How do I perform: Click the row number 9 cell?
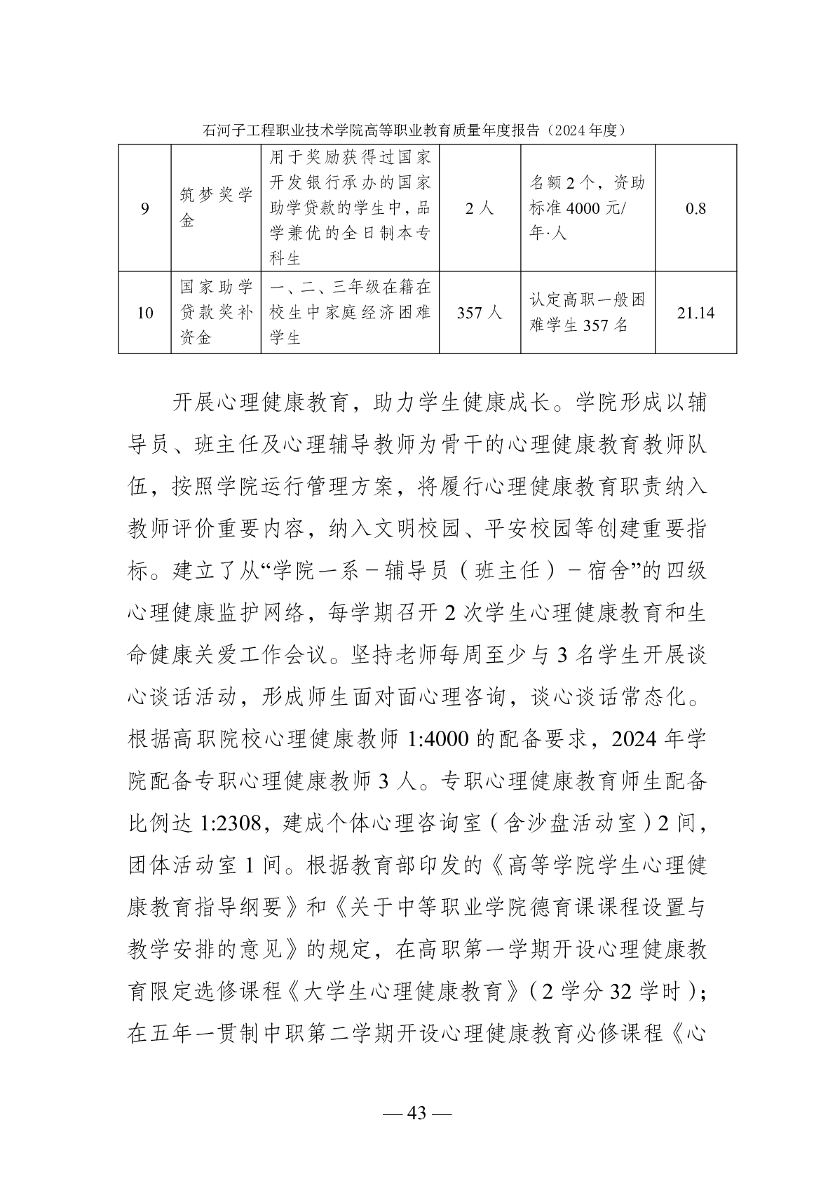[x=144, y=208]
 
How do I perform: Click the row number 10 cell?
[x=144, y=313]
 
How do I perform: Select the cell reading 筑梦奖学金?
[x=216, y=208]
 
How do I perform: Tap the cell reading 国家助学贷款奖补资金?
[x=216, y=313]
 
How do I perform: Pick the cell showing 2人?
[x=480, y=208]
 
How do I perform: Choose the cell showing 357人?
[x=480, y=313]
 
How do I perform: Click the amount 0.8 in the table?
[x=695, y=208]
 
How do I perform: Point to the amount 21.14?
[x=695, y=313]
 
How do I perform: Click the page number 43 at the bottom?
[x=417, y=1113]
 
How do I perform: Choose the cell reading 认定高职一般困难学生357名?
[x=588, y=313]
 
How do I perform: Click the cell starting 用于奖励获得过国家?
[x=350, y=208]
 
